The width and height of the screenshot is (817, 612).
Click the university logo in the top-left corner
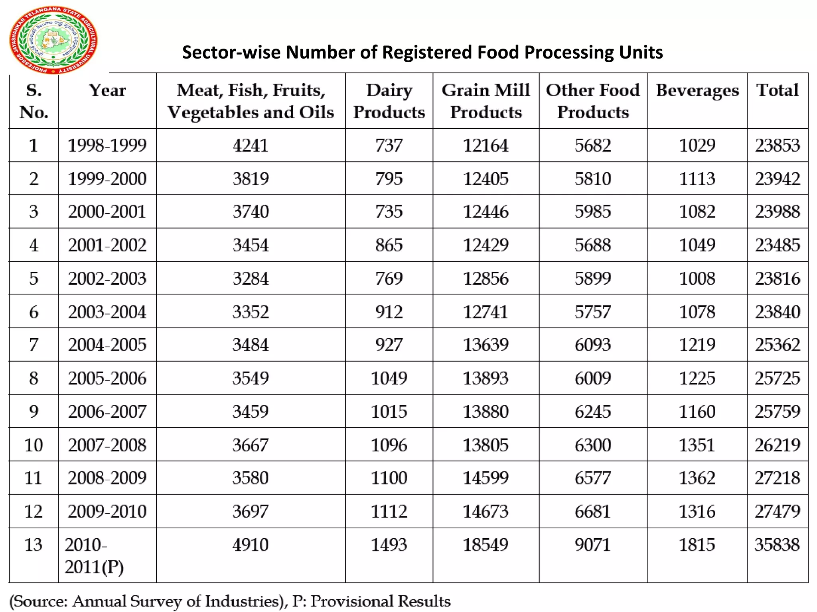(x=53, y=40)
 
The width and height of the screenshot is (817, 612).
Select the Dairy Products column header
(x=389, y=101)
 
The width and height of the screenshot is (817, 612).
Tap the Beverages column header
(x=697, y=90)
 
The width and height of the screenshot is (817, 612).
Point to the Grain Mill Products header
(x=485, y=101)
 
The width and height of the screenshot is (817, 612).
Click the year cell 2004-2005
(x=107, y=345)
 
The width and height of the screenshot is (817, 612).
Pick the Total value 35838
(x=777, y=545)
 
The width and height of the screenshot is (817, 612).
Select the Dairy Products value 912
(x=389, y=312)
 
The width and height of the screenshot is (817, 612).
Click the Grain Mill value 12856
(x=485, y=278)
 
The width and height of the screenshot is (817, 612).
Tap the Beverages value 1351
(x=697, y=445)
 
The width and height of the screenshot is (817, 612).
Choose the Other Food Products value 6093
(x=593, y=345)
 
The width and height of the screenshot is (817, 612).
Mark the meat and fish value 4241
(x=251, y=145)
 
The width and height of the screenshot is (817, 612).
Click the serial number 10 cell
(x=34, y=445)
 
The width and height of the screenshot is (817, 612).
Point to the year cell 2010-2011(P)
(x=95, y=555)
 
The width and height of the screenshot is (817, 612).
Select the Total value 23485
(x=777, y=245)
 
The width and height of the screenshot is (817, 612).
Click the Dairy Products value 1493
(x=389, y=545)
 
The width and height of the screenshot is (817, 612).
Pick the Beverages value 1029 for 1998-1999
(x=697, y=145)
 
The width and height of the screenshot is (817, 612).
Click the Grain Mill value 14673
(x=485, y=511)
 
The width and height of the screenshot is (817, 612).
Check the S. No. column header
(x=34, y=101)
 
